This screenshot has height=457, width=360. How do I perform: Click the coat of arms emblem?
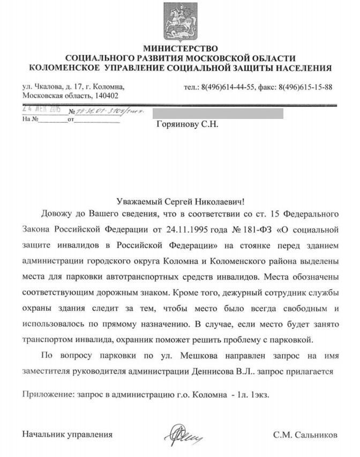click(180, 23)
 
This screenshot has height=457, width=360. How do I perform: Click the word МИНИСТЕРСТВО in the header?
click(180, 49)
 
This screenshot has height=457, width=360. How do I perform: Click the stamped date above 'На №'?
click(41, 109)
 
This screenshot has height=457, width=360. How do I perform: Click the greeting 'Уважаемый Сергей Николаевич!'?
click(180, 202)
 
